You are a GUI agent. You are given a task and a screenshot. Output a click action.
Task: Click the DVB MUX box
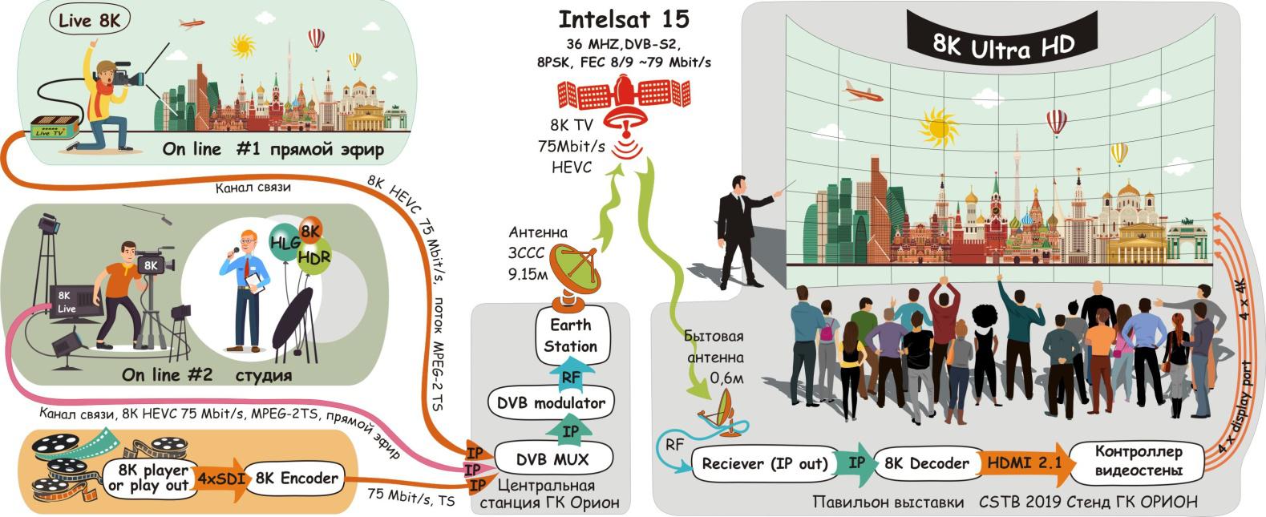click(552, 459)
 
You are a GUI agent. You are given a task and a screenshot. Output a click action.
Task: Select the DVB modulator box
click(551, 402)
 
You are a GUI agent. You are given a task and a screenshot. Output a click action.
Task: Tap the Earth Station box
click(571, 335)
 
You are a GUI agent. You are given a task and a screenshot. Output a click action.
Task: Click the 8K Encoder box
click(297, 479)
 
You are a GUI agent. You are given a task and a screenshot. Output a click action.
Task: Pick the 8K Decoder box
click(927, 462)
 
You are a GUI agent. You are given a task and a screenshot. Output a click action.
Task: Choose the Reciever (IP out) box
click(764, 463)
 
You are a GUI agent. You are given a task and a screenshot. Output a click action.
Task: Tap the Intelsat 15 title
click(623, 18)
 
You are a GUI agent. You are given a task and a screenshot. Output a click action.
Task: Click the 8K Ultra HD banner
click(1002, 46)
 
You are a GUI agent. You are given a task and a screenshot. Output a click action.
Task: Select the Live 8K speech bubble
click(89, 20)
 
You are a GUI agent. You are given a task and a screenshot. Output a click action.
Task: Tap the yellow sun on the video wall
click(939, 127)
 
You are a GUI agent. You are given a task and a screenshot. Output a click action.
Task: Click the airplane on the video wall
click(862, 91)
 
